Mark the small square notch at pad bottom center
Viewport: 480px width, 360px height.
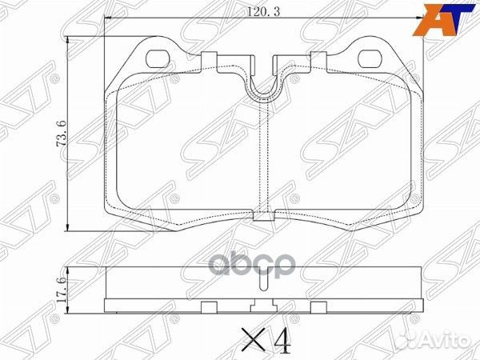tap(263, 215)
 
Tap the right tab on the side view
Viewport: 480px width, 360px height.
tap(318, 307)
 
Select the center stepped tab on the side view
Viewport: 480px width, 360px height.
tap(263, 306)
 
